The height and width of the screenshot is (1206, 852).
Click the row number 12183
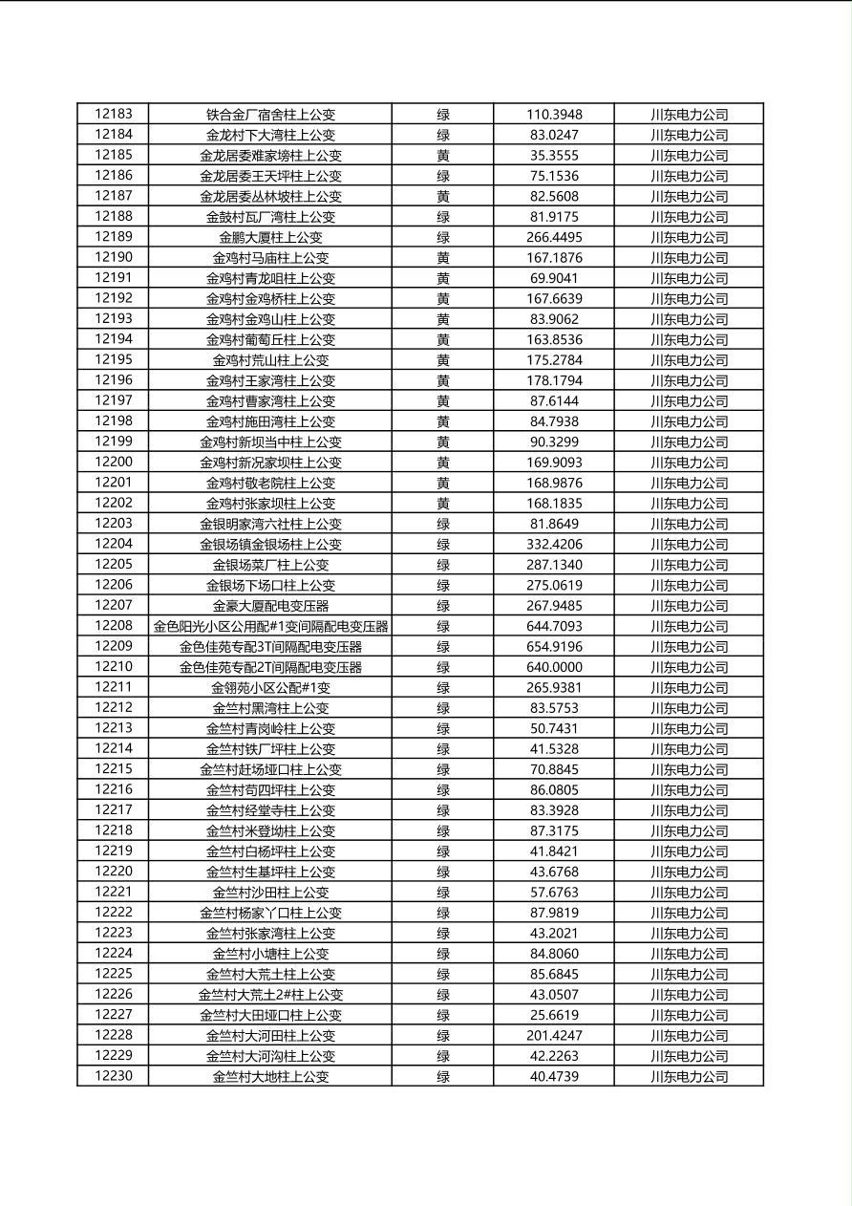114,114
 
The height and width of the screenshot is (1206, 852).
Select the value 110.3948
554,115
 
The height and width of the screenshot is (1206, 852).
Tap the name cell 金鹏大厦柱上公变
270,237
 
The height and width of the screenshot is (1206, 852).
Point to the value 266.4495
554,237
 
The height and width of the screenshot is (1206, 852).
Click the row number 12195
114,359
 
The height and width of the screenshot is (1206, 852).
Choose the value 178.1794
554,380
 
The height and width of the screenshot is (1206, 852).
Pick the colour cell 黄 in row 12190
443,257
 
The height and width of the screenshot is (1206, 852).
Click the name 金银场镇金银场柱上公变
270,545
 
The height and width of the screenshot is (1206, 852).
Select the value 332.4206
554,545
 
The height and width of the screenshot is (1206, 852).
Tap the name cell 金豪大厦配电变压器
270,606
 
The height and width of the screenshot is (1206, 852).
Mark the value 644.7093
554,626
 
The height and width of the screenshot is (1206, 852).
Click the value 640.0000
554,667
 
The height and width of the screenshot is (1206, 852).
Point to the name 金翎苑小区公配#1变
270,688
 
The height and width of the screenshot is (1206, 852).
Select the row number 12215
114,769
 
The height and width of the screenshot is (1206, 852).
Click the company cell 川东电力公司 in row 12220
689,872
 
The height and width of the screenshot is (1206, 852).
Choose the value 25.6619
554,1015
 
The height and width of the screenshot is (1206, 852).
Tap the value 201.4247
554,1036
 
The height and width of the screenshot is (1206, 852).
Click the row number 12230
114,1076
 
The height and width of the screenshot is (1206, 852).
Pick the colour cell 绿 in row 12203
443,524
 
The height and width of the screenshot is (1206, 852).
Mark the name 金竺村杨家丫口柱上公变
270,913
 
